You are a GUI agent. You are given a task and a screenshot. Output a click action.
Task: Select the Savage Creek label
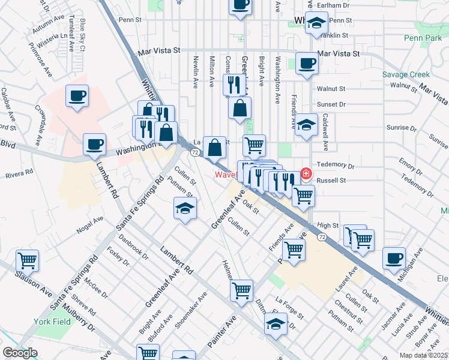[406, 75]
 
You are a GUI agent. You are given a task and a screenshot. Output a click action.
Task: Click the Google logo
[20, 353]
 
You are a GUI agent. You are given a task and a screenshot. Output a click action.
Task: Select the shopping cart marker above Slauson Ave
[27, 260]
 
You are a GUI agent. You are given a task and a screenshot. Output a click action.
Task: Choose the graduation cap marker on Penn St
[316, 23]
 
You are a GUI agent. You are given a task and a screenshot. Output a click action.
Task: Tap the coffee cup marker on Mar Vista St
[307, 63]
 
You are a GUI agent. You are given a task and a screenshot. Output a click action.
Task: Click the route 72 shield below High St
[323, 238]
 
